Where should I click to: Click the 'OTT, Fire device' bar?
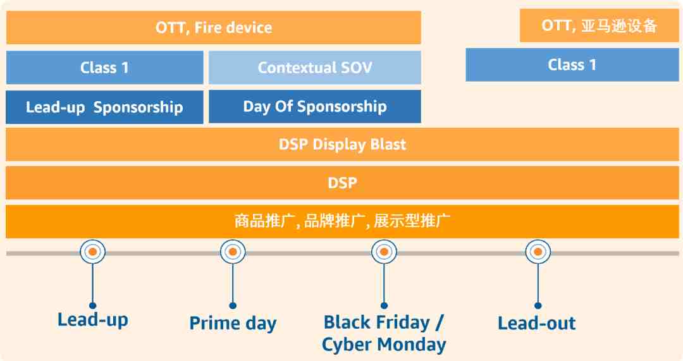(214, 27)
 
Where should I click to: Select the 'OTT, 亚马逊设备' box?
(599, 26)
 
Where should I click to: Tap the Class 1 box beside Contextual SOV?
(104, 68)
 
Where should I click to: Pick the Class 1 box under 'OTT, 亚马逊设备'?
(572, 65)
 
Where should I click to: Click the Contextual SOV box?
(314, 68)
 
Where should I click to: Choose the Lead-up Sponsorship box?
(104, 107)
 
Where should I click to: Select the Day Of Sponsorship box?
(314, 107)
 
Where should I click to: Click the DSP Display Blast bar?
(342, 145)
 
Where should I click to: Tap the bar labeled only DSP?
(342, 183)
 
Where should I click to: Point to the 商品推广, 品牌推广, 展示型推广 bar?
(342, 221)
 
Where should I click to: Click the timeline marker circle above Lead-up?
(93, 252)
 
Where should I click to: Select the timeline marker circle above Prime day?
(233, 252)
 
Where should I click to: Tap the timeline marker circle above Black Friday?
(384, 252)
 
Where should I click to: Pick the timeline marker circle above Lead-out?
(538, 252)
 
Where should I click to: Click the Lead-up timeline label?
(93, 320)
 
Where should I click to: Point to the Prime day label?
(233, 324)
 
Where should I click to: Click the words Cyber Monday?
(384, 345)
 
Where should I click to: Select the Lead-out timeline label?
(537, 323)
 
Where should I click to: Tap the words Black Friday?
(377, 322)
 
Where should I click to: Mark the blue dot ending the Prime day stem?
(233, 306)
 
